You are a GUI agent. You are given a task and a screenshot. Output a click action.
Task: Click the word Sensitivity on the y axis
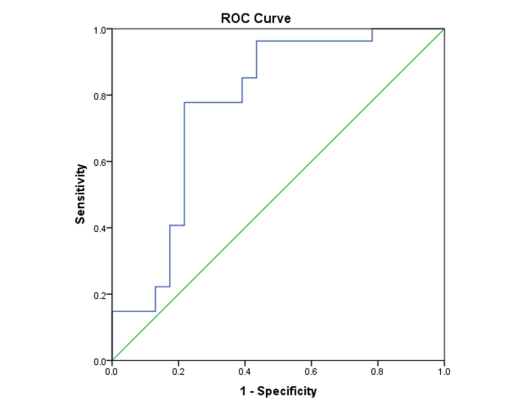[80, 194]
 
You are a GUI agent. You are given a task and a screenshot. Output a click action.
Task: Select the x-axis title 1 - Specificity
[278, 391]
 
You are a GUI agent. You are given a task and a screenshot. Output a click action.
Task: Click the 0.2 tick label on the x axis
[179, 372]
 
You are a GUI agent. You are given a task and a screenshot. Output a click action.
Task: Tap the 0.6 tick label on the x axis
[311, 372]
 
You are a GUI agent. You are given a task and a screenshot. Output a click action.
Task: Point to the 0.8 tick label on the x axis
[378, 372]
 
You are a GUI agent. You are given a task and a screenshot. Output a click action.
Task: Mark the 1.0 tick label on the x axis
[443, 372]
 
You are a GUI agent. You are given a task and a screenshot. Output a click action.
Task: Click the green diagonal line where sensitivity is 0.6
[311, 162]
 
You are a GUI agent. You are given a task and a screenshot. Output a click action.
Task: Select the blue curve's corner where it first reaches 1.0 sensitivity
[372, 30]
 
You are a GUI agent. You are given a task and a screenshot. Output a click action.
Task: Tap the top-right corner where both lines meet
[444, 29]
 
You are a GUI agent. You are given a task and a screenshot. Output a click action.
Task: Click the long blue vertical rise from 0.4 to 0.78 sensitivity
[184, 164]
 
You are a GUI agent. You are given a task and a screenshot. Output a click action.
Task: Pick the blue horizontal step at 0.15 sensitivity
[133, 311]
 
